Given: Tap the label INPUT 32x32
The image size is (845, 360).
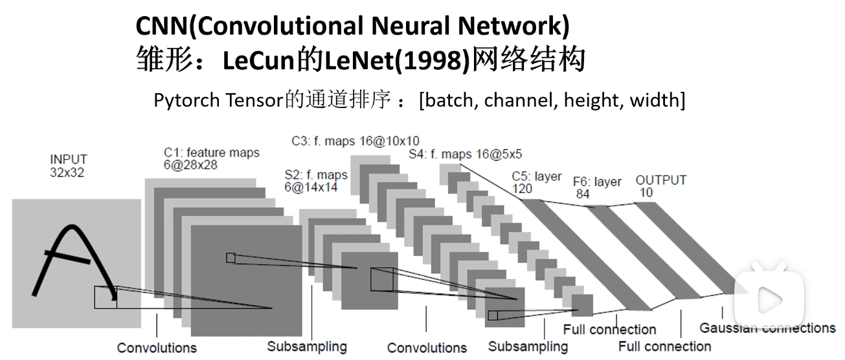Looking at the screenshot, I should pyautogui.click(x=68, y=166).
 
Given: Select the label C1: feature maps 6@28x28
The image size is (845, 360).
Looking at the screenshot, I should pyautogui.click(x=211, y=159).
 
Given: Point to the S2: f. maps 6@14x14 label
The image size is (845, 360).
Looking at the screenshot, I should pyautogui.click(x=316, y=181).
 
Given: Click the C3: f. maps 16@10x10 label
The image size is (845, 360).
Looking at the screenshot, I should pyautogui.click(x=355, y=141).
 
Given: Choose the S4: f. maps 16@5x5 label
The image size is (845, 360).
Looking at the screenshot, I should pyautogui.click(x=465, y=154).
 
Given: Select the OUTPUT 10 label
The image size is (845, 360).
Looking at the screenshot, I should pyautogui.click(x=660, y=186).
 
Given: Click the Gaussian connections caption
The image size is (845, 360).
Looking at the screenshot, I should pyautogui.click(x=767, y=328).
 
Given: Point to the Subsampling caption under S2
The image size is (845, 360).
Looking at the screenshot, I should pyautogui.click(x=307, y=346).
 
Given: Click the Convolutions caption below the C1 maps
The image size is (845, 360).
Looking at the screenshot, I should pyautogui.click(x=157, y=348).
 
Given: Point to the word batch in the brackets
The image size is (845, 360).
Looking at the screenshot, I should pyautogui.click(x=449, y=100).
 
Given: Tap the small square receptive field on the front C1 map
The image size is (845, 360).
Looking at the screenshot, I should pyautogui.click(x=231, y=258).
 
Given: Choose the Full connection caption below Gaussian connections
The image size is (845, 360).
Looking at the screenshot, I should pyautogui.click(x=664, y=346).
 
